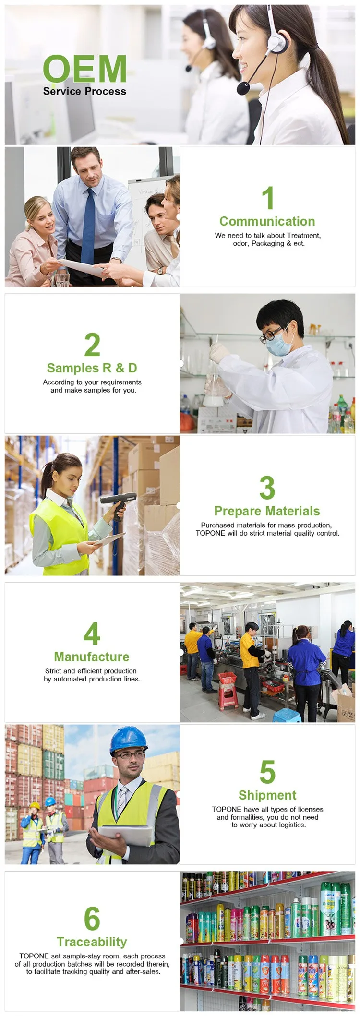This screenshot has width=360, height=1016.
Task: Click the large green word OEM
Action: [85, 68]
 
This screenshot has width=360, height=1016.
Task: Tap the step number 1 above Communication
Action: [268, 198]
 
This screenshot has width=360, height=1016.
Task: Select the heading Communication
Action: [267, 221]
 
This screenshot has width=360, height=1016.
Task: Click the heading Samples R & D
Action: [92, 368]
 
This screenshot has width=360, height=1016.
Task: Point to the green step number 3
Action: [267, 488]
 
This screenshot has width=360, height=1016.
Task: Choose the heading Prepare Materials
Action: [267, 511]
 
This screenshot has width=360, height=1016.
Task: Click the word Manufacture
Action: [92, 657]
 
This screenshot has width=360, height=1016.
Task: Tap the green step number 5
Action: [267, 772]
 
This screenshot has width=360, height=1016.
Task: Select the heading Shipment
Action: [267, 795]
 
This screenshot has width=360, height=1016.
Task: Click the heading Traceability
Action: [92, 942]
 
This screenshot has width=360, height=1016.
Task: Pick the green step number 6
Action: [92, 919]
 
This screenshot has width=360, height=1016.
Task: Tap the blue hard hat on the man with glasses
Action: [128, 739]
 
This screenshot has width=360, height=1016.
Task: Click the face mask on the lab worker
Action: [280, 345]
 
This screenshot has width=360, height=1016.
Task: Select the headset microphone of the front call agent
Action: [244, 88]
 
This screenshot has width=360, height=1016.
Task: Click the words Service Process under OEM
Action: [84, 91]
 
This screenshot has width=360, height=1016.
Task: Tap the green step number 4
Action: [92, 634]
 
